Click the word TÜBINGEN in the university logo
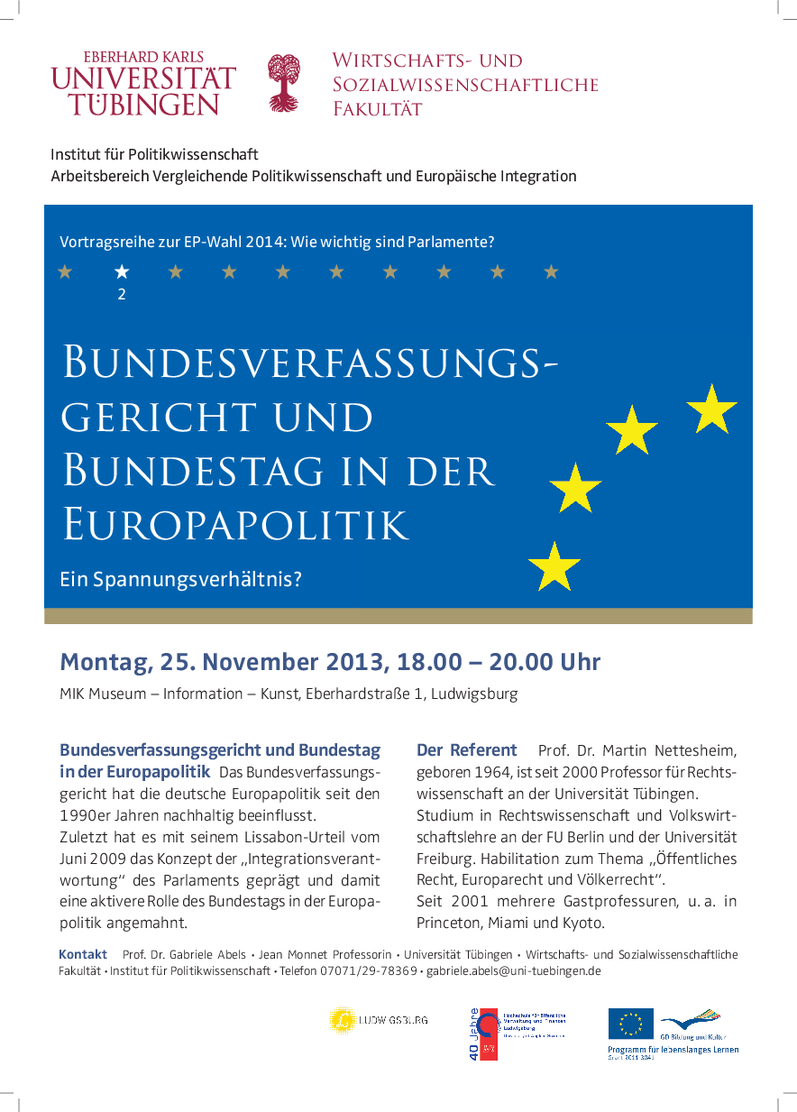pos(143,104)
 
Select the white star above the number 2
pos(122,271)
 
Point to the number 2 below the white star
pos(122,294)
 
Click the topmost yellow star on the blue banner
pos(711,408)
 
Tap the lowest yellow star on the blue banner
pos(554,566)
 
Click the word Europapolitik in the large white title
pos(235,523)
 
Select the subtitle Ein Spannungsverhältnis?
pos(180,578)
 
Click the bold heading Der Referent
pos(466,749)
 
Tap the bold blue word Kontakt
pos(83,954)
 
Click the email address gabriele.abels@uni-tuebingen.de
pos(513,971)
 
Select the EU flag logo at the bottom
pos(630,1024)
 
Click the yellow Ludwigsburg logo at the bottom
pos(342,1020)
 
